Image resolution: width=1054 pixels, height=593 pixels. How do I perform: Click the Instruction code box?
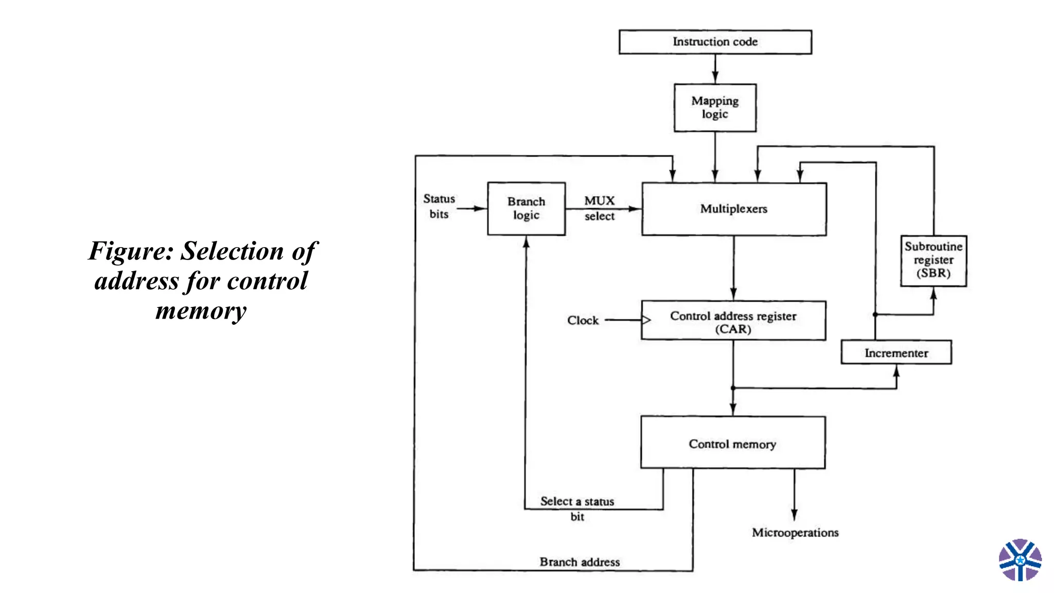pyautogui.click(x=715, y=42)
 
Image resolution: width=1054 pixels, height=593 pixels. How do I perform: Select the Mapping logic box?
pyautogui.click(x=715, y=108)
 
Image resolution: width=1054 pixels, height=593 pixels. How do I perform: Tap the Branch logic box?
pyautogui.click(x=526, y=208)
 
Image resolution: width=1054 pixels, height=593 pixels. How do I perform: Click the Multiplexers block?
pyautogui.click(x=734, y=209)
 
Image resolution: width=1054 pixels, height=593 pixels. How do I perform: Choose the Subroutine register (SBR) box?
pyautogui.click(x=933, y=260)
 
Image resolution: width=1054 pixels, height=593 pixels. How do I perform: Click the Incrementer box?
pyautogui.click(x=896, y=353)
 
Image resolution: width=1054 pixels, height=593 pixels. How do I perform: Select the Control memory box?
pyautogui.click(x=732, y=443)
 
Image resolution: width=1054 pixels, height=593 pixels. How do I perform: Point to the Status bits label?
pyautogui.click(x=439, y=206)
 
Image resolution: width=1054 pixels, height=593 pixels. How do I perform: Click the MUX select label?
pyautogui.click(x=600, y=208)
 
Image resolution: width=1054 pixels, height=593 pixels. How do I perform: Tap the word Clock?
pyautogui.click(x=583, y=320)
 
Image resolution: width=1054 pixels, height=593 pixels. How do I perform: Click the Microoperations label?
pyautogui.click(x=795, y=532)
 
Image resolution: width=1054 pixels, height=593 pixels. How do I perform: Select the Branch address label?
pyautogui.click(x=579, y=562)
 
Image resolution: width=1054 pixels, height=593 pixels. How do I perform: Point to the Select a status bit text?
pyautogui.click(x=577, y=508)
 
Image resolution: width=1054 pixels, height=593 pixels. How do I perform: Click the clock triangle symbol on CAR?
pyautogui.click(x=646, y=320)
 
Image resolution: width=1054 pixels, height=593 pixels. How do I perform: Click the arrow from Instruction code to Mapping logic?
pyautogui.click(x=715, y=69)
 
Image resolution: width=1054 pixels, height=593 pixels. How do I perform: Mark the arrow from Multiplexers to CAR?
pyautogui.click(x=733, y=268)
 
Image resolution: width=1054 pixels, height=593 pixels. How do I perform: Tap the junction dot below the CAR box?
pyautogui.click(x=733, y=388)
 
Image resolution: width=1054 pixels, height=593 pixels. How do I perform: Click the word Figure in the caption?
pyautogui.click(x=131, y=252)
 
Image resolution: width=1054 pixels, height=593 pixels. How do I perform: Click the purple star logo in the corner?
pyautogui.click(x=1020, y=560)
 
